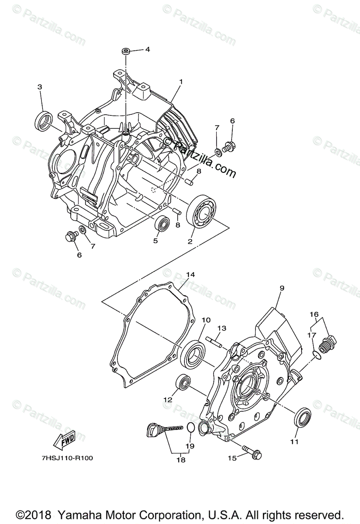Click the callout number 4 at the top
point(147,49)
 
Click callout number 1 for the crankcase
point(181,82)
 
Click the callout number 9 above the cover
point(282,288)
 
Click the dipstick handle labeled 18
point(151,430)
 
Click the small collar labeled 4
point(126,52)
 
